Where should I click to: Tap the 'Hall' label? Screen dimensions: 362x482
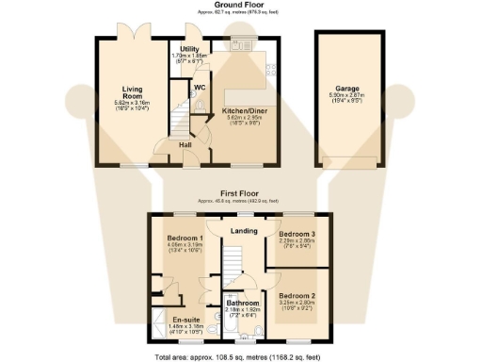pyautogui.click(x=186, y=144)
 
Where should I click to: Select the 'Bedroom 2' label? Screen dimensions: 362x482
pyautogui.click(x=298, y=295)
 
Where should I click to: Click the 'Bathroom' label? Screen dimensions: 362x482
pyautogui.click(x=242, y=303)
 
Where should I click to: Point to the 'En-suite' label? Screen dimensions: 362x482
pyautogui.click(x=185, y=320)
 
